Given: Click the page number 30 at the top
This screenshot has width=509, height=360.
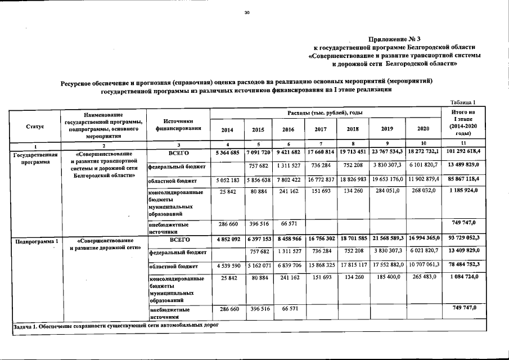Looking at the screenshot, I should pyautogui.click(x=246, y=13).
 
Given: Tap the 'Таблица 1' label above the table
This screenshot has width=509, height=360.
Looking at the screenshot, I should pyautogui.click(x=464, y=102).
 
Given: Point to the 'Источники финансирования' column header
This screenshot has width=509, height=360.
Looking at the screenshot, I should pyautogui.click(x=178, y=124).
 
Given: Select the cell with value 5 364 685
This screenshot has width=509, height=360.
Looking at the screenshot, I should pyautogui.click(x=227, y=153).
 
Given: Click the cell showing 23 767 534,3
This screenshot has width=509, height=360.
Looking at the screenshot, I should pyautogui.click(x=387, y=153).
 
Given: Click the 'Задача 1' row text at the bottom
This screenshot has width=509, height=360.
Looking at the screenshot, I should pyautogui.click(x=115, y=326).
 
